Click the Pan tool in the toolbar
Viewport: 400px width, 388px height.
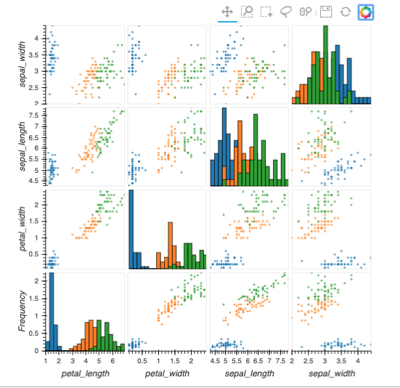[x=226, y=12]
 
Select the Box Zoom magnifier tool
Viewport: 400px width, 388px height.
[x=247, y=12]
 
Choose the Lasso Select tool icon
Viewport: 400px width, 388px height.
[x=287, y=12]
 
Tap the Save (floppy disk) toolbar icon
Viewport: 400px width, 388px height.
[x=326, y=12]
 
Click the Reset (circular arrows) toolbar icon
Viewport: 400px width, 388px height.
[x=346, y=12]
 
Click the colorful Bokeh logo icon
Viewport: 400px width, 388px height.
[x=365, y=12]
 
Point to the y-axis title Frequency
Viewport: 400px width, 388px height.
[x=23, y=312]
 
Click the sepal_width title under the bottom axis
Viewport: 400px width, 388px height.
[x=331, y=373]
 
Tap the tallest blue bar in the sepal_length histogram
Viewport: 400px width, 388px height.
[x=224, y=145]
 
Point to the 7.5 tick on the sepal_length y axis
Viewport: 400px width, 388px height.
[x=34, y=115]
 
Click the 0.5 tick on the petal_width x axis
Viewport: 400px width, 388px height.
[x=143, y=360]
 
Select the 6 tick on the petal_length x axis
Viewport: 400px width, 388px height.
[x=112, y=360]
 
